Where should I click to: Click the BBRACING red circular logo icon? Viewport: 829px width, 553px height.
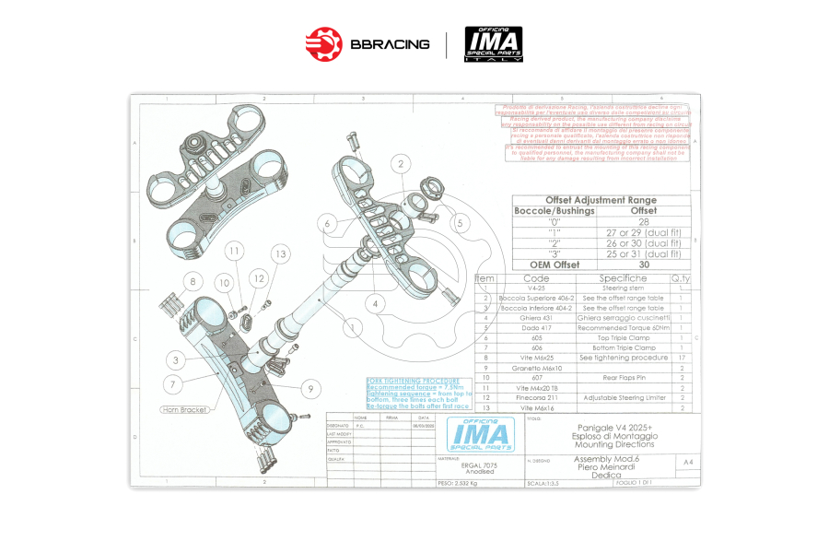point(323,43)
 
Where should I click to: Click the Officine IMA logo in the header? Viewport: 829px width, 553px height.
point(493,43)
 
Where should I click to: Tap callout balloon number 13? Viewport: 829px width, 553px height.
point(280,253)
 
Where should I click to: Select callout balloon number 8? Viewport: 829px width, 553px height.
point(192,281)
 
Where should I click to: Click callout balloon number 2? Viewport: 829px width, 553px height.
point(401,164)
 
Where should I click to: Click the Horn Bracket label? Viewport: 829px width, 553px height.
point(185,409)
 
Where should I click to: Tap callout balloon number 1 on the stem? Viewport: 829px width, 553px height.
point(351,325)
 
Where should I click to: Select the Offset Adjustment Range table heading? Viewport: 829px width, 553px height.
point(601,200)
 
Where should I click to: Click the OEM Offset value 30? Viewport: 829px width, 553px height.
point(644,264)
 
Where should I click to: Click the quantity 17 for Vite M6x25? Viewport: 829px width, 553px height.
point(680,358)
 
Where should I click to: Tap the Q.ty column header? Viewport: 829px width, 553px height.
point(680,277)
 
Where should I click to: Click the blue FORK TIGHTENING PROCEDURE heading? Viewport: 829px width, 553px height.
point(405,381)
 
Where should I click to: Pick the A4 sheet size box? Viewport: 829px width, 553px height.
point(687,461)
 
